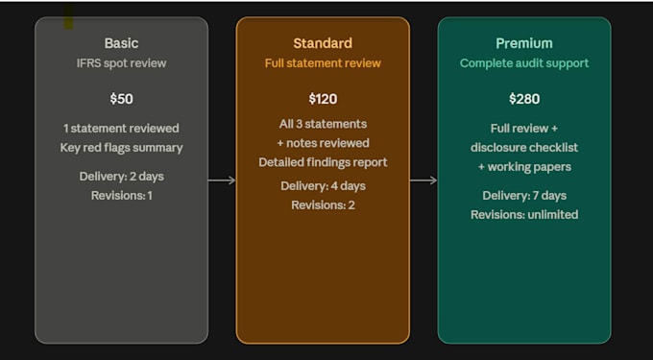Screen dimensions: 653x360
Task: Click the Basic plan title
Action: pos(121,43)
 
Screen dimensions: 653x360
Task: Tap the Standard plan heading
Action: pos(323,43)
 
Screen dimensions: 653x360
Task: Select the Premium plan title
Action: pos(524,43)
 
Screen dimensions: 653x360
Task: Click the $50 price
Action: pos(121,99)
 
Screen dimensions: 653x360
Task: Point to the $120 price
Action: pos(323,99)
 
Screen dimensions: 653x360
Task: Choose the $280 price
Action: pos(524,99)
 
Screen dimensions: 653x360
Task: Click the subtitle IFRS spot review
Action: pos(121,63)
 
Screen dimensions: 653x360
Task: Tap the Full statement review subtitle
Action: pos(323,63)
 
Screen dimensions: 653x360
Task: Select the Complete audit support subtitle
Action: pos(524,63)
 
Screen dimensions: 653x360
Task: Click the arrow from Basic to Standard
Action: pos(222,180)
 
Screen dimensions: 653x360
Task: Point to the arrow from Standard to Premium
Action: pos(423,180)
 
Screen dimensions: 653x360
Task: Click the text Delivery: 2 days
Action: pos(121,177)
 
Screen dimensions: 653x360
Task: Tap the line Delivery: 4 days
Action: pos(323,185)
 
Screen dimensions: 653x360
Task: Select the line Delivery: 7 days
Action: pos(524,196)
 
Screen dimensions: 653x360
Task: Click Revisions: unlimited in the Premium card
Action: pos(524,215)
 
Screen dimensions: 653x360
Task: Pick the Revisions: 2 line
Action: pos(323,205)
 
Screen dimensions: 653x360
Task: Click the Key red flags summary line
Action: pos(121,148)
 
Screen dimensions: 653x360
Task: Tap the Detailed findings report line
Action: pos(323,162)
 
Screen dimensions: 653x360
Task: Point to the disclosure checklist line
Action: pos(524,148)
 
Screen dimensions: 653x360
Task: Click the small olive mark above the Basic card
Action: pos(68,16)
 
